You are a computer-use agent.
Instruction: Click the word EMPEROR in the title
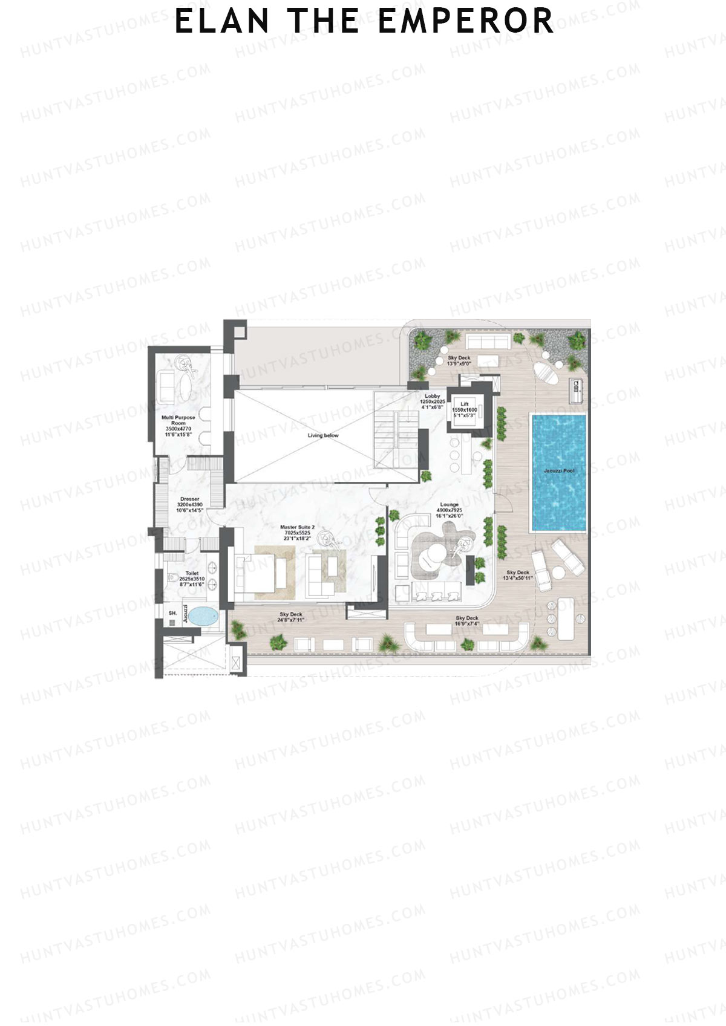click(465, 21)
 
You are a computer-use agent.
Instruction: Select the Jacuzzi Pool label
click(559, 470)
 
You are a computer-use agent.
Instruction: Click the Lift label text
click(465, 404)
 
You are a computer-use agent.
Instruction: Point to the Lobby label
click(432, 396)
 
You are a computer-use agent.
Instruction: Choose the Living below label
click(323, 435)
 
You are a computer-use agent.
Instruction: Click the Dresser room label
click(189, 499)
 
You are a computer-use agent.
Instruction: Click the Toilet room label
click(192, 573)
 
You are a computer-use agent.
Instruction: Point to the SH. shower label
click(173, 613)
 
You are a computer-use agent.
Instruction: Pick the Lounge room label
click(449, 504)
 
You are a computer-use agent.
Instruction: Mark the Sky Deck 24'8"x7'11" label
click(291, 617)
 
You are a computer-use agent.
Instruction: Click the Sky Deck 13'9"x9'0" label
click(459, 361)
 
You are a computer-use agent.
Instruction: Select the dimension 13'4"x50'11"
click(518, 578)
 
